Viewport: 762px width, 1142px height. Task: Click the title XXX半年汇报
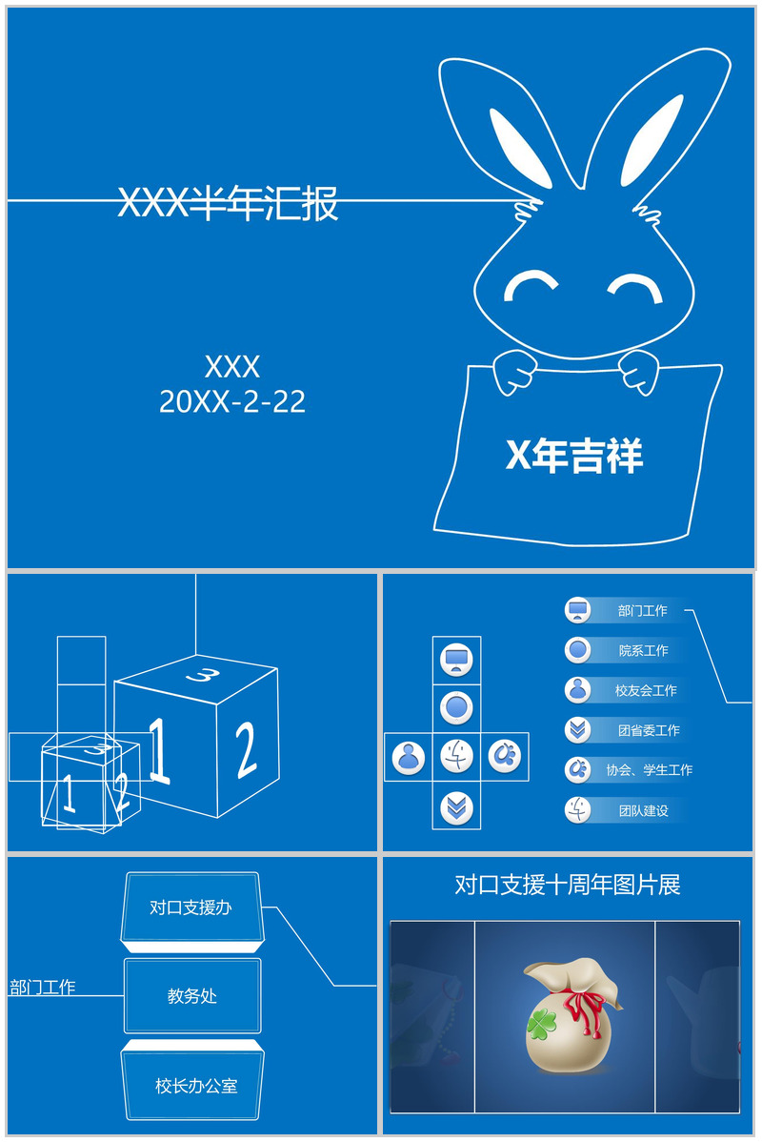point(228,203)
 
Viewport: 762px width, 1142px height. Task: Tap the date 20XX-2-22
point(232,401)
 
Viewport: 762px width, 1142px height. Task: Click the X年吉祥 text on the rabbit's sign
point(573,456)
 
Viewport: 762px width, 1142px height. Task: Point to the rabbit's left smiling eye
point(531,283)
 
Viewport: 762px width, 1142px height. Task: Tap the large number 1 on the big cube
point(159,750)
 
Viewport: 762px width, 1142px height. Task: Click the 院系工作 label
point(643,651)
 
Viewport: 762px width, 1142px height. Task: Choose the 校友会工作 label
point(645,690)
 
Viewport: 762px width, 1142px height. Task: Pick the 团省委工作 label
point(648,730)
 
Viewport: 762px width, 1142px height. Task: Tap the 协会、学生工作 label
point(649,770)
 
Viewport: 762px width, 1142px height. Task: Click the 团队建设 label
point(643,811)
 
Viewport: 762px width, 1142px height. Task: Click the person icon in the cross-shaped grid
point(409,757)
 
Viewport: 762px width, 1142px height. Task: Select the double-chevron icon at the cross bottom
point(456,808)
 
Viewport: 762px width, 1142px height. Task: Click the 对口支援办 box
point(190,907)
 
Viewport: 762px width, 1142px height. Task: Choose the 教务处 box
point(192,996)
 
